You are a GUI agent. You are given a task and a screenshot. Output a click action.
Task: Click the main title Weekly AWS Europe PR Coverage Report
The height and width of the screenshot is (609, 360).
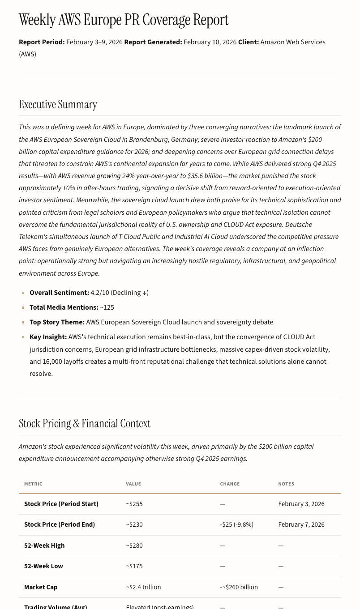click(x=124, y=20)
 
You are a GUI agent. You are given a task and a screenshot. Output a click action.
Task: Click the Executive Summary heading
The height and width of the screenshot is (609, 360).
click(x=58, y=104)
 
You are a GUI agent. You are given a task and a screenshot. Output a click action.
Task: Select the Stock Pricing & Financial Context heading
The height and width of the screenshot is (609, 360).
click(x=85, y=423)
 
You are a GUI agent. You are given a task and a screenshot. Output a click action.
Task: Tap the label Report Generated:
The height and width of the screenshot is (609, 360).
click(x=153, y=42)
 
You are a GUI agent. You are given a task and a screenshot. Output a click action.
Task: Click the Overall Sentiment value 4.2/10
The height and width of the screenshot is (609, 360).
click(x=100, y=293)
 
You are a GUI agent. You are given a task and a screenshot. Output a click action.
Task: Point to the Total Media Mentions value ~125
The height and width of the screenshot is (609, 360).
click(x=107, y=307)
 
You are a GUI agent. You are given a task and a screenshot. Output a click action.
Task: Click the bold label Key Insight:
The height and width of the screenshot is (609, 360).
click(x=48, y=337)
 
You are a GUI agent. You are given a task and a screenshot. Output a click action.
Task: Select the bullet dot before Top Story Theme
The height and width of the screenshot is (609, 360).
click(x=23, y=323)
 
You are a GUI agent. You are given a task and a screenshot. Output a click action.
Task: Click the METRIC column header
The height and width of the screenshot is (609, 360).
click(x=33, y=484)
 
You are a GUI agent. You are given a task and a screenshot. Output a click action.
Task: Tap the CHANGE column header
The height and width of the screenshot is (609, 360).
click(x=230, y=484)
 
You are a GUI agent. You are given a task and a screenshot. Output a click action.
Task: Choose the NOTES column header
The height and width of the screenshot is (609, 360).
click(x=286, y=484)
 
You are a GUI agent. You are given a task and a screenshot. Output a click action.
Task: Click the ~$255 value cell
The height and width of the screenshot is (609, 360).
click(x=134, y=504)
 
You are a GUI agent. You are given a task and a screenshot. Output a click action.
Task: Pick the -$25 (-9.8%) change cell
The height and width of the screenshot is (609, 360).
click(x=236, y=524)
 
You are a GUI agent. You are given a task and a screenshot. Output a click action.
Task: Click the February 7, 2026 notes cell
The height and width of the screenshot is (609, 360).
click(x=301, y=524)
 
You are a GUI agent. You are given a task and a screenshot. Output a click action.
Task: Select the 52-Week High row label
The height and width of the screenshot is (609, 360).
click(x=44, y=545)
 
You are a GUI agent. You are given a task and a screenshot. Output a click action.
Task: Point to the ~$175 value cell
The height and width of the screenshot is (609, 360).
click(x=134, y=566)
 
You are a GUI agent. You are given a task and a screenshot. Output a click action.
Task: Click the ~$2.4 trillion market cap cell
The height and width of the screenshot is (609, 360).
click(x=143, y=587)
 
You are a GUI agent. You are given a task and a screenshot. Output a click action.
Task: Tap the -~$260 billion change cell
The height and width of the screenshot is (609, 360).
click(x=239, y=587)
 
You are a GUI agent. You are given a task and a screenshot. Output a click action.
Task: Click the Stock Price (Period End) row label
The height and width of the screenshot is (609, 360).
click(x=60, y=524)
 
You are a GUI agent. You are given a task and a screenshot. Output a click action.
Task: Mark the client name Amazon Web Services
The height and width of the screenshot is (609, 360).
click(x=292, y=42)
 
